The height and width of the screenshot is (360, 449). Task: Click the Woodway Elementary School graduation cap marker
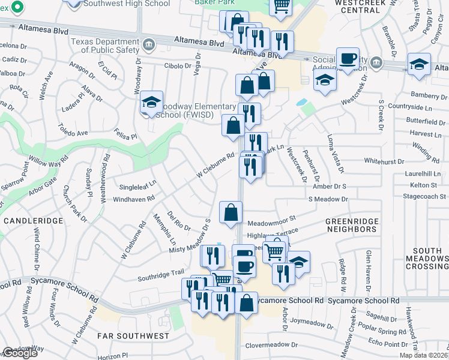152,102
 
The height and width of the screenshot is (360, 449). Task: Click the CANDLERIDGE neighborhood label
33,221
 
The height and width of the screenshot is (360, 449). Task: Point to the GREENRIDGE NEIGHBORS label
352,225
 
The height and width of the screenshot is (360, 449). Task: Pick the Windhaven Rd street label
134,197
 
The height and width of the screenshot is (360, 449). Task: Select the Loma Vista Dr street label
334,150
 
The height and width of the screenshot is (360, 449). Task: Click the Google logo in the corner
20,353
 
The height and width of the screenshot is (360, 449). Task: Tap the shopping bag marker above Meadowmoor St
231,212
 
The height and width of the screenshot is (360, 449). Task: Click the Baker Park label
215,2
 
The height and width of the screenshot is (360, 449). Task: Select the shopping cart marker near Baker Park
282,6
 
